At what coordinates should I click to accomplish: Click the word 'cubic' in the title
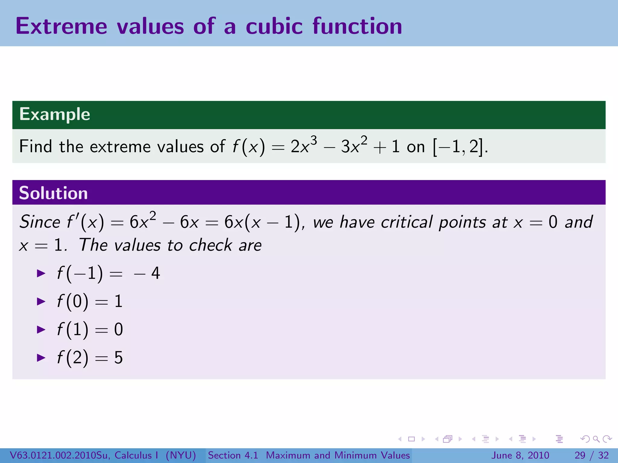tap(274, 26)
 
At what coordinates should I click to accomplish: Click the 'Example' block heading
tap(55, 114)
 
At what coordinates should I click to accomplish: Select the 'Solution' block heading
tap(53, 193)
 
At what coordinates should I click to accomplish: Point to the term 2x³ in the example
tap(303, 146)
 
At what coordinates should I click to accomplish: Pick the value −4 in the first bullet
tap(147, 273)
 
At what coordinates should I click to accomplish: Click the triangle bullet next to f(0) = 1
tap(41, 301)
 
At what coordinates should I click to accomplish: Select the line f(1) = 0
tap(90, 329)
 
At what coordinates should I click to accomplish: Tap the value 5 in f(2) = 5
tap(118, 358)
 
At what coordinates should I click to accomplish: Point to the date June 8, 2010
tap(520, 455)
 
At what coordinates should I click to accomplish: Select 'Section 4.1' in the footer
tap(233, 455)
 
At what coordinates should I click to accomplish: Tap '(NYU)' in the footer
tap(181, 455)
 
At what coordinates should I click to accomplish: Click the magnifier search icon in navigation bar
tap(596, 439)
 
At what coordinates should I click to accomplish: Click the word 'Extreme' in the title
tap(61, 26)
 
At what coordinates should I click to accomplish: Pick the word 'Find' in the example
tap(36, 147)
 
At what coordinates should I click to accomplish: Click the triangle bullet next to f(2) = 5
tap(41, 357)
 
